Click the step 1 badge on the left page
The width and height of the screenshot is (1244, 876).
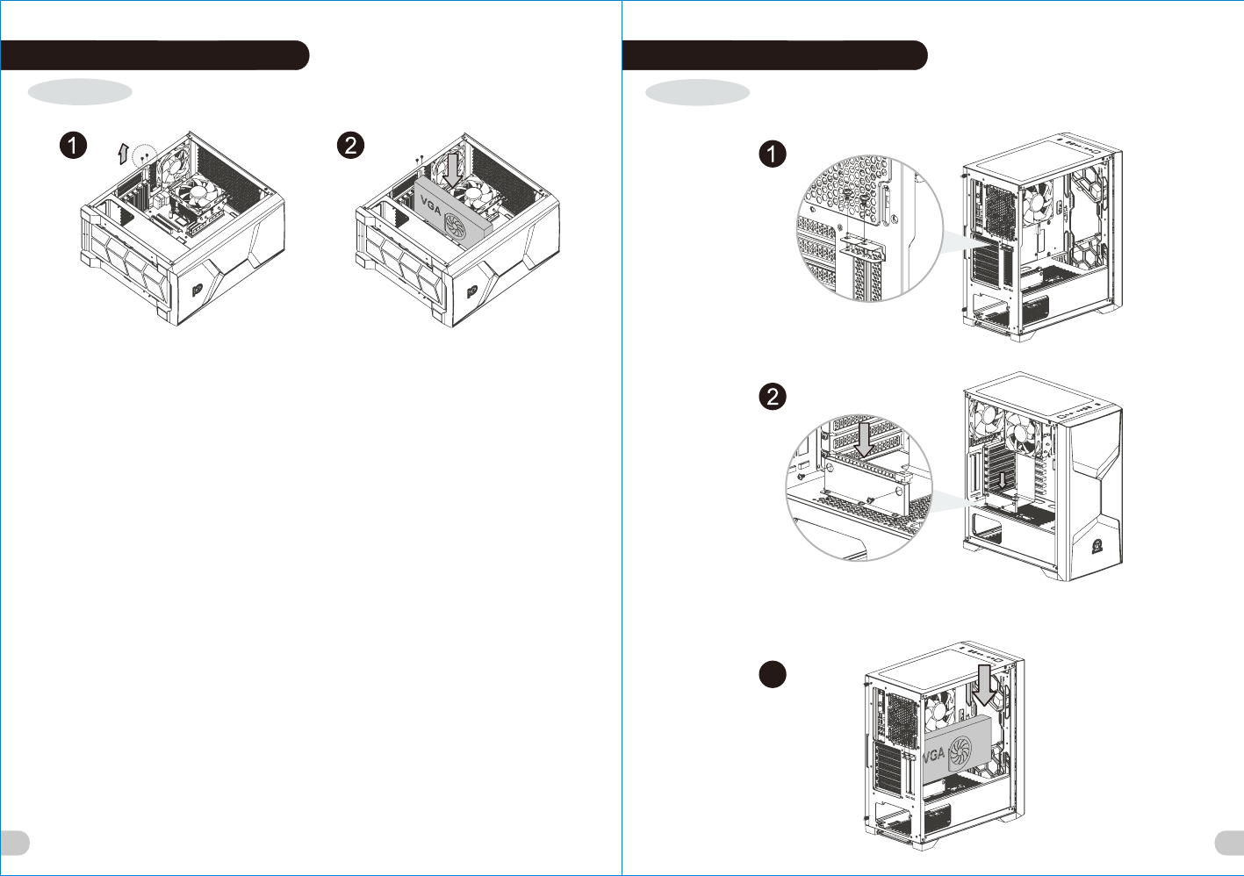pyautogui.click(x=73, y=145)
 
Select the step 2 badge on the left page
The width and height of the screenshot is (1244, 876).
pyautogui.click(x=351, y=145)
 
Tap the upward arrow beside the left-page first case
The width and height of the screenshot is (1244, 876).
pyautogui.click(x=123, y=154)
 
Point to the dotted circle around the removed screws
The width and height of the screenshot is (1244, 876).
pyautogui.click(x=143, y=157)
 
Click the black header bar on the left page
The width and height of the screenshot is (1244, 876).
pyautogui.click(x=155, y=54)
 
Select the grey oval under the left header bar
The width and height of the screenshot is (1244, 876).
pyautogui.click(x=80, y=91)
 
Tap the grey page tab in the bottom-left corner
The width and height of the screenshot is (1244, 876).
pyautogui.click(x=14, y=843)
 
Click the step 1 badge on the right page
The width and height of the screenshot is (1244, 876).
pyautogui.click(x=772, y=154)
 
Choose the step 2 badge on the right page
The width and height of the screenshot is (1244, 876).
pyautogui.click(x=772, y=396)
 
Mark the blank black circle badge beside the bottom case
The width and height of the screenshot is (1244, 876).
pyautogui.click(x=772, y=674)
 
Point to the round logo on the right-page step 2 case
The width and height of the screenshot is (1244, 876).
pyautogui.click(x=1097, y=546)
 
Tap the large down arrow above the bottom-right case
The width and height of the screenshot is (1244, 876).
pyautogui.click(x=985, y=685)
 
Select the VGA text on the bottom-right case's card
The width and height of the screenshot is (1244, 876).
pyautogui.click(x=932, y=754)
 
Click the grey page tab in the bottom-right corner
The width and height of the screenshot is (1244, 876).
pyautogui.click(x=1229, y=843)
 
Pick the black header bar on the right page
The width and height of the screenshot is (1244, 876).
pyautogui.click(x=774, y=54)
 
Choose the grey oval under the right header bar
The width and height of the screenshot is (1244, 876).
pyautogui.click(x=697, y=92)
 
